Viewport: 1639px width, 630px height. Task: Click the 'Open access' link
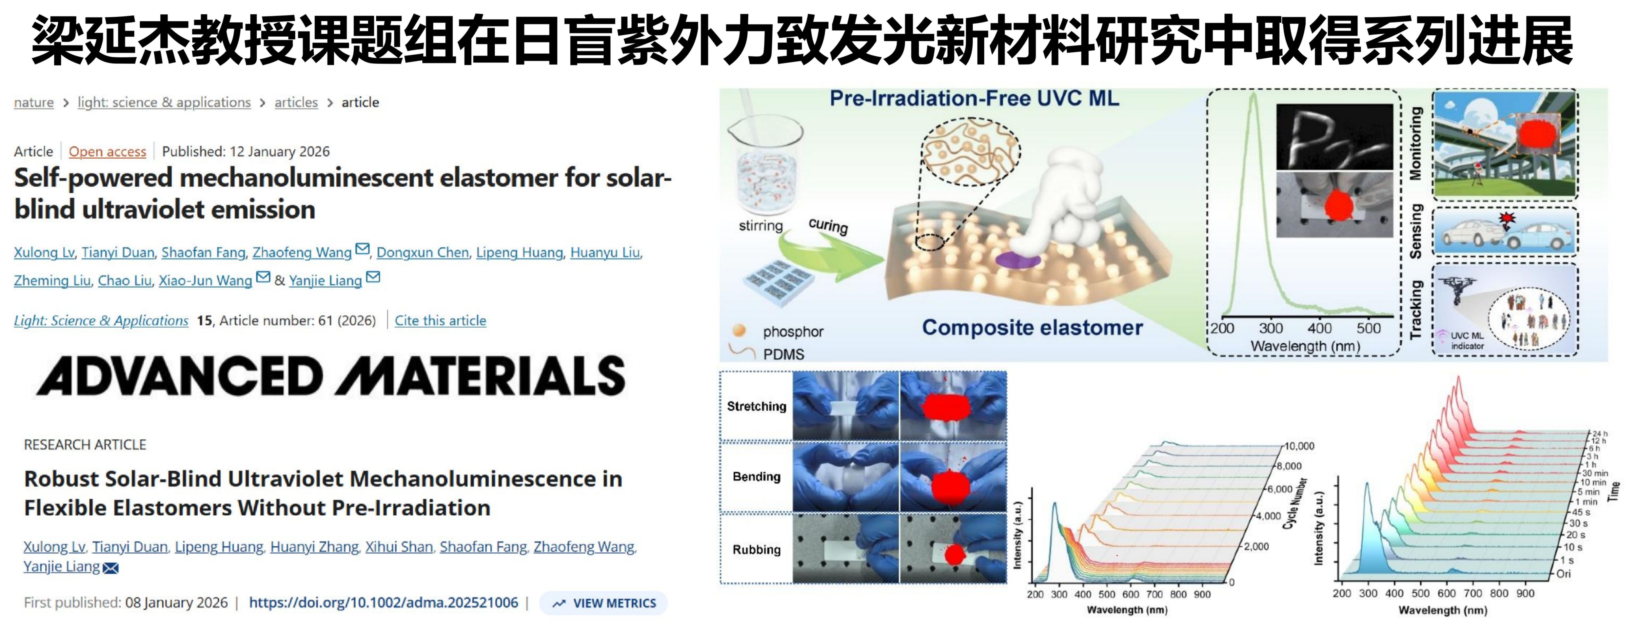(108, 151)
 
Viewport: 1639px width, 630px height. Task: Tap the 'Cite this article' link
(440, 320)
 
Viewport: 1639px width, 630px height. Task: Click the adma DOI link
(384, 603)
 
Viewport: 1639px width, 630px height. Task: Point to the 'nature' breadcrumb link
(34, 102)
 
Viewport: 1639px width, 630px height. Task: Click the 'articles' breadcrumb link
(296, 102)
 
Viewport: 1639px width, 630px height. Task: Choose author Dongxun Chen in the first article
(423, 252)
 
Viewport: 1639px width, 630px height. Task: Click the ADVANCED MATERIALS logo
(331, 376)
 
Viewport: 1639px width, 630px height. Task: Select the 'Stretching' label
(757, 406)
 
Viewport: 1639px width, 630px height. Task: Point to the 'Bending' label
(757, 477)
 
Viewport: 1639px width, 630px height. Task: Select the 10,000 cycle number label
(1299, 446)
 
